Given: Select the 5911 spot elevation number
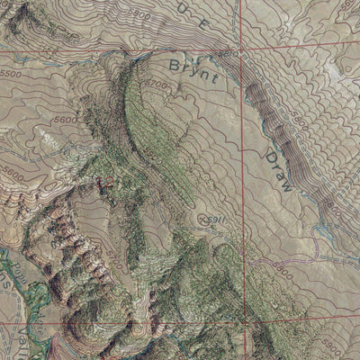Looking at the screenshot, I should tap(213, 218).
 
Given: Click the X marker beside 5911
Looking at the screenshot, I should tap(201, 217).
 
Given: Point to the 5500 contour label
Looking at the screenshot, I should tap(11, 74).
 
